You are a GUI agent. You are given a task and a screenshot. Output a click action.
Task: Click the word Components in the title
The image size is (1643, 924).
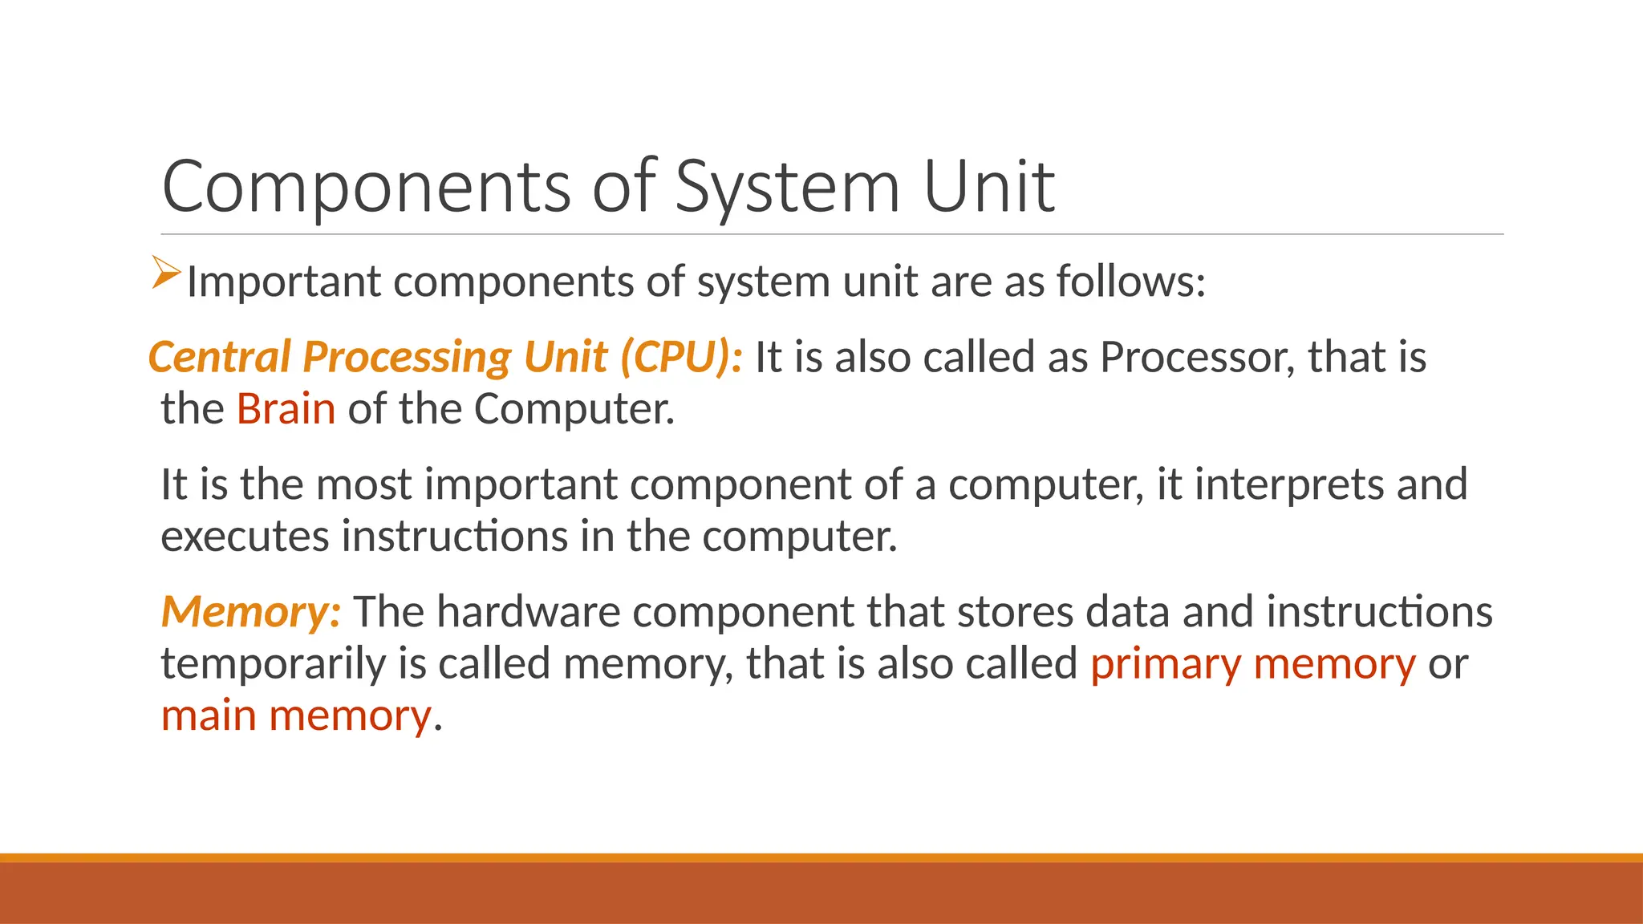[366, 187]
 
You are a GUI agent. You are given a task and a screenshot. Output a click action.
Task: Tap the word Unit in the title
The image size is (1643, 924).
[988, 187]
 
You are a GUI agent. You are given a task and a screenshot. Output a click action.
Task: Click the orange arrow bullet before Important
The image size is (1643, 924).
[166, 273]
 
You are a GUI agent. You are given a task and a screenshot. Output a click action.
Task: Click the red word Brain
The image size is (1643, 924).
[286, 409]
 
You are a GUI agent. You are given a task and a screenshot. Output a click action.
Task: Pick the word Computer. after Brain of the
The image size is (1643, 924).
[574, 409]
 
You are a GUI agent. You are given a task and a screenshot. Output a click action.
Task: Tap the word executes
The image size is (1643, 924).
[245, 537]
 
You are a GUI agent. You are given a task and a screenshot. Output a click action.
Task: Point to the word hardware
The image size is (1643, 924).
[529, 612]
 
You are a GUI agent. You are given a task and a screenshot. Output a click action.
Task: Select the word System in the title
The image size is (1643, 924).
[787, 187]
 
